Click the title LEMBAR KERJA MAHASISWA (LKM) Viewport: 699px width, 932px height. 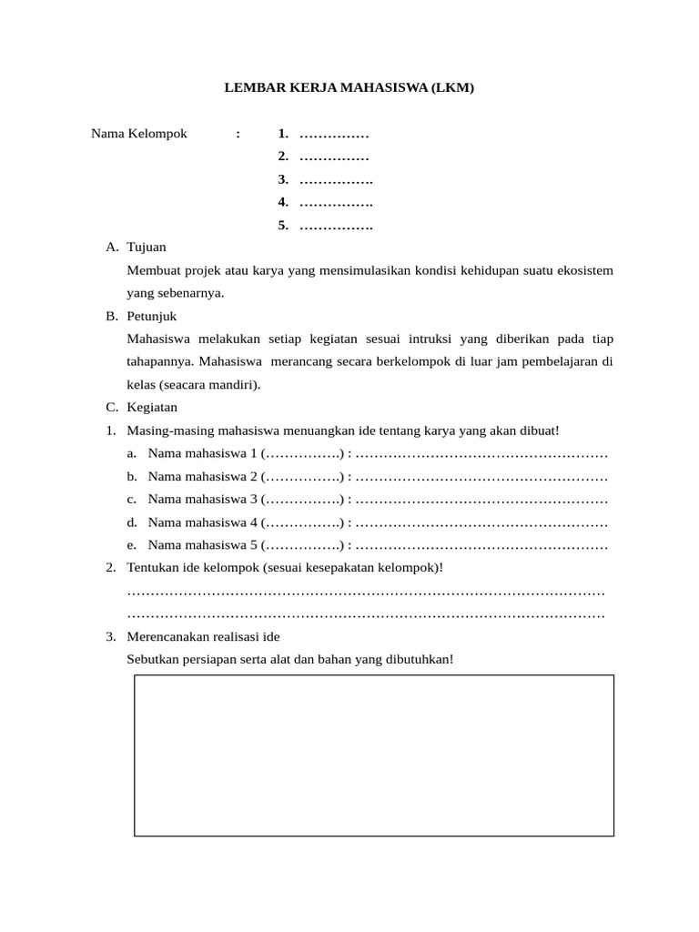[x=349, y=88]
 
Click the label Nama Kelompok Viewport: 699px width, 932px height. [x=138, y=134]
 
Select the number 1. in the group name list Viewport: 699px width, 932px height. [x=283, y=134]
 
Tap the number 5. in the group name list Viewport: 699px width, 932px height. [x=283, y=225]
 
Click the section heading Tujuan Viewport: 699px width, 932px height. [x=147, y=248]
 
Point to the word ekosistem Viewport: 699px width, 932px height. [x=582, y=270]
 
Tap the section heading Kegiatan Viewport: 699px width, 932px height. [x=152, y=407]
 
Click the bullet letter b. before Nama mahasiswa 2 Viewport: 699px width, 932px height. [x=132, y=476]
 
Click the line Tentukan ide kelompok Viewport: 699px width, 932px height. [x=285, y=568]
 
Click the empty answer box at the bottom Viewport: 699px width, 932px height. [x=374, y=755]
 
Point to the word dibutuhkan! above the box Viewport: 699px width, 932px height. [x=420, y=659]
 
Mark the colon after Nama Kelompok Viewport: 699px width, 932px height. [x=238, y=134]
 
